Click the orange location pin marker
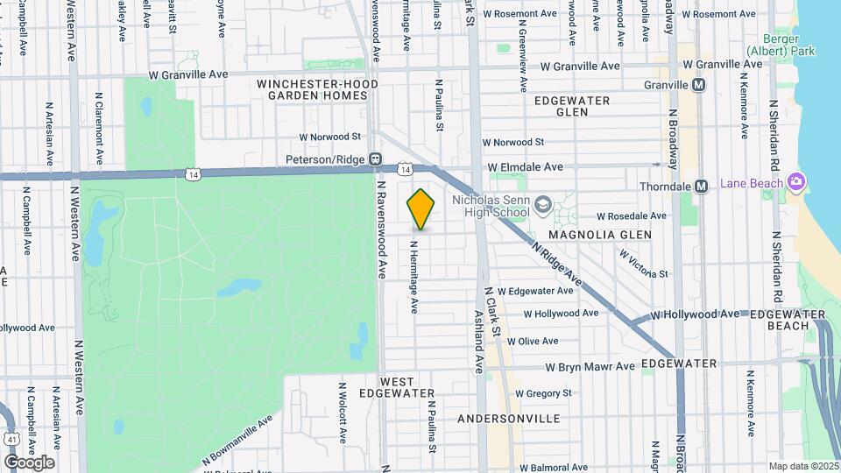(x=421, y=209)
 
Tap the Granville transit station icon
(x=699, y=85)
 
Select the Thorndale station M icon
(x=701, y=186)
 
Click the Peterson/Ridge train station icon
(x=374, y=159)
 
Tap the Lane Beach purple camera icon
(x=796, y=182)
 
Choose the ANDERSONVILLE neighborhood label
(x=509, y=419)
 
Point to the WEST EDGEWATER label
(x=407, y=388)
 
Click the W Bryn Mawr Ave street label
(x=589, y=367)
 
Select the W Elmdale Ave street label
(x=525, y=166)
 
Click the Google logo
(x=29, y=462)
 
